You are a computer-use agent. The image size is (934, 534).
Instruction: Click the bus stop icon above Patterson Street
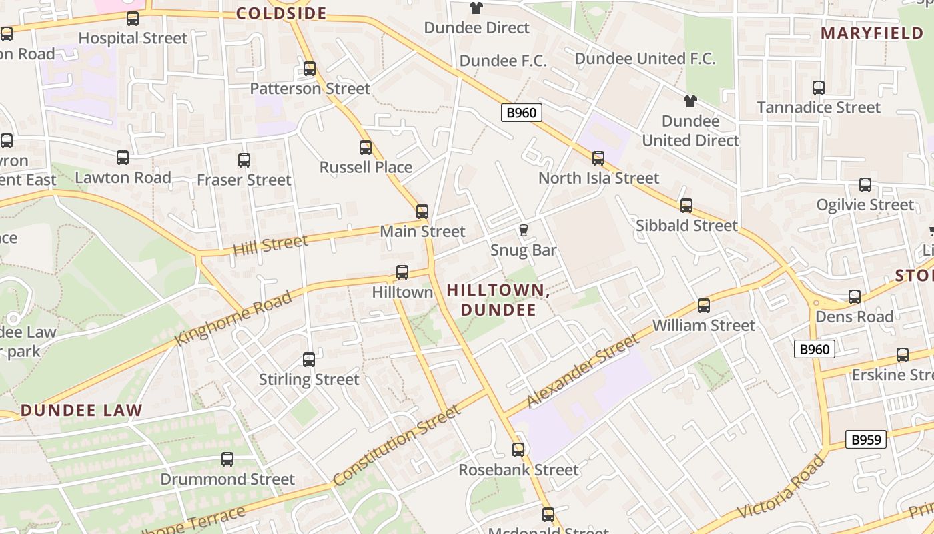click(309, 69)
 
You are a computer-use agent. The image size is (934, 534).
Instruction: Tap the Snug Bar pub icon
click(524, 230)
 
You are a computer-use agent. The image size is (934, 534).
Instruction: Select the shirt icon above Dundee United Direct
click(690, 101)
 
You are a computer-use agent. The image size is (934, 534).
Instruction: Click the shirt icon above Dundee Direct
click(476, 8)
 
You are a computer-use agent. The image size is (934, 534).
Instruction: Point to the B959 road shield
click(866, 439)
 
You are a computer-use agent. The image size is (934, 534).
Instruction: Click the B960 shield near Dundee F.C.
click(521, 113)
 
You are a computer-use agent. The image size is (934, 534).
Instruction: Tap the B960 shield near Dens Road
click(815, 349)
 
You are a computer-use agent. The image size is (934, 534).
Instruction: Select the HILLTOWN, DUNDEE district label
click(498, 300)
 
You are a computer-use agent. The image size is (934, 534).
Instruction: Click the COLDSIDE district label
click(281, 13)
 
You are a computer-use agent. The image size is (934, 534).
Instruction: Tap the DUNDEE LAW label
click(81, 410)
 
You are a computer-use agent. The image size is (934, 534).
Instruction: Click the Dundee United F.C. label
click(644, 59)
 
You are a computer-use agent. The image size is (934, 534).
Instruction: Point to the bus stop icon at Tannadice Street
click(818, 88)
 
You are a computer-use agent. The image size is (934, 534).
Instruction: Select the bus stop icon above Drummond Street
click(227, 459)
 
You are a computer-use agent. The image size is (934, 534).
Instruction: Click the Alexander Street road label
click(582, 372)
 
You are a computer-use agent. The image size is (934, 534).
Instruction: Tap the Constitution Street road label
click(397, 445)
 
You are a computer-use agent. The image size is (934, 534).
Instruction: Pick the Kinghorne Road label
click(233, 319)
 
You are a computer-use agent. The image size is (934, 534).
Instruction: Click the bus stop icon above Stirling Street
click(309, 360)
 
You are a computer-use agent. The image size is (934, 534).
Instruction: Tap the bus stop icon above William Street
click(703, 306)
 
